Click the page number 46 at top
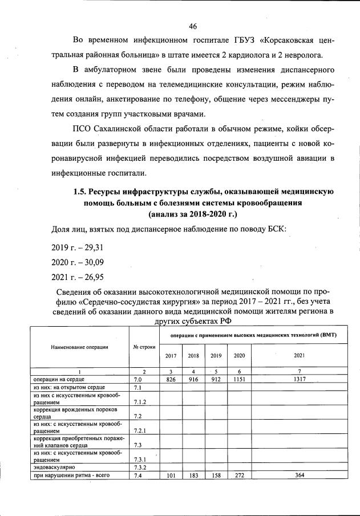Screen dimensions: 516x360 (x=193, y=27)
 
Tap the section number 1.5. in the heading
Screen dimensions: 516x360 (x=82, y=192)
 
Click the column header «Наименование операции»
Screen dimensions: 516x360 (x=80, y=346)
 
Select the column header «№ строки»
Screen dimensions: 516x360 (x=144, y=346)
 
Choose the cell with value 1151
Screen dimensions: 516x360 (x=239, y=379)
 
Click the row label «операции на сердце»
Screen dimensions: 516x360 (x=57, y=379)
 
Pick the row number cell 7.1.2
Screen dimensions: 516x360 (x=139, y=401)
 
